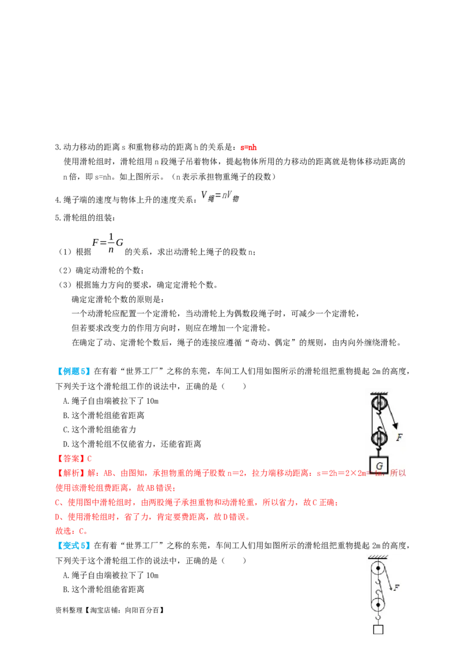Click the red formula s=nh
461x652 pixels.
point(248,147)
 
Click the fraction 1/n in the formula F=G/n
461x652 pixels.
point(111,243)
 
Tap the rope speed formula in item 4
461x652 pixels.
point(220,196)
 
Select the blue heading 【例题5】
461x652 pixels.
point(73,372)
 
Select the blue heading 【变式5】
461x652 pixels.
point(73,545)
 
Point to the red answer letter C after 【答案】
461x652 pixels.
point(89,458)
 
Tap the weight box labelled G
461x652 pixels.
point(379,465)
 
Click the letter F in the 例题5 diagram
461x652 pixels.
point(399,437)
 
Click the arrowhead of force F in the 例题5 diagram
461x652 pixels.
point(395,426)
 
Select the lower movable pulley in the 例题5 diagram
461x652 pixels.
point(379,437)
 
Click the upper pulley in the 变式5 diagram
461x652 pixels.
point(378,568)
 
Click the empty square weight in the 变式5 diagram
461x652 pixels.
point(378,630)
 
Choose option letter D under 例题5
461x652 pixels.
point(65,445)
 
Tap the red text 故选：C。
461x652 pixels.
point(71,531)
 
